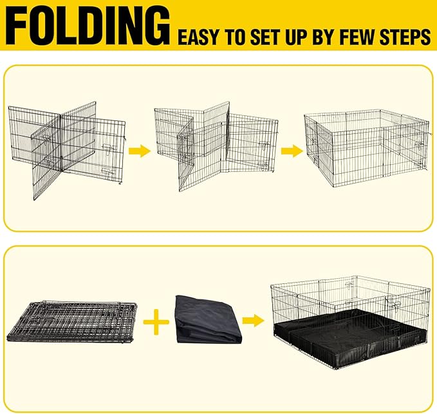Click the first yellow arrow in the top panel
(139, 152)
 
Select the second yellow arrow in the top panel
(291, 152)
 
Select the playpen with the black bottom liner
(351, 318)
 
